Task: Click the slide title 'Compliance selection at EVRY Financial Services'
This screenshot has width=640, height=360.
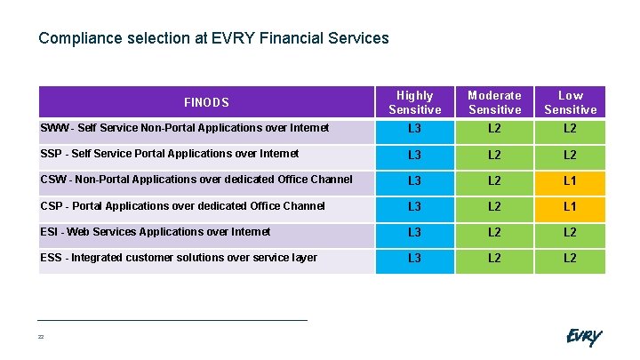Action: [x=213, y=38]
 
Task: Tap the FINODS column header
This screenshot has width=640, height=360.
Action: [x=206, y=102]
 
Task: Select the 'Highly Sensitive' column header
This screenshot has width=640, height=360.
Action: [x=414, y=102]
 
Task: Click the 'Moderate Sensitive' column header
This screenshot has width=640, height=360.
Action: [x=494, y=102]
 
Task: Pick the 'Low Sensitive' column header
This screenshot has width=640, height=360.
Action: [x=570, y=102]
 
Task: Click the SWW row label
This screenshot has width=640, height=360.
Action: [x=184, y=129]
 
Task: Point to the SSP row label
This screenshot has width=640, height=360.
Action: [x=169, y=154]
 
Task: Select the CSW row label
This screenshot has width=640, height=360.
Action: [x=196, y=180]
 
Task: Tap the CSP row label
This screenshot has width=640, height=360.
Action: [x=183, y=206]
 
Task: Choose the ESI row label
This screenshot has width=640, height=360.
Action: [x=156, y=232]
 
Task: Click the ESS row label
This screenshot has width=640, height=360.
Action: [x=178, y=258]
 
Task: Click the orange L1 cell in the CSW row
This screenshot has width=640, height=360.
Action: [x=570, y=181]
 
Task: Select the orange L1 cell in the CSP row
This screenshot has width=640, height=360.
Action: [x=570, y=207]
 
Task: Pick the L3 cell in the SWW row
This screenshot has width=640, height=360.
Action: [x=414, y=130]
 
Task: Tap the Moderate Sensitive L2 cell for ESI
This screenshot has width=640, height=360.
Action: [x=494, y=233]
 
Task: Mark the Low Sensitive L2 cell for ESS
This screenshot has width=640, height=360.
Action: [x=570, y=259]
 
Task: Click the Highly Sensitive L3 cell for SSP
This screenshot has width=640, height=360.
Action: [x=414, y=156]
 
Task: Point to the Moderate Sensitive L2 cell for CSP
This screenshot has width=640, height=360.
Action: [x=494, y=207]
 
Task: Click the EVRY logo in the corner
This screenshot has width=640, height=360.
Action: [x=583, y=337]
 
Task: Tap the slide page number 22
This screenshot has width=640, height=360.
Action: [x=41, y=337]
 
